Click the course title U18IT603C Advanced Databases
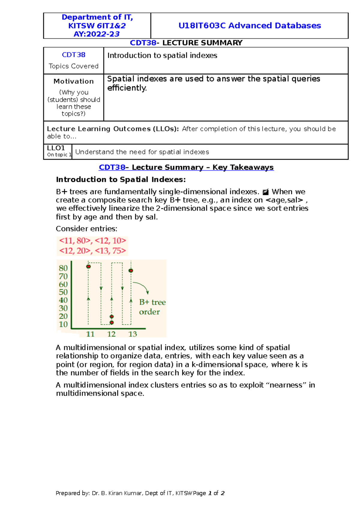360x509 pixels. [x=249, y=26]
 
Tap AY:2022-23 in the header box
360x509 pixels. [x=97, y=34]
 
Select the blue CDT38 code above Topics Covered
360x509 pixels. [x=73, y=55]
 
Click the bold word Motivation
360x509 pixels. [x=73, y=81]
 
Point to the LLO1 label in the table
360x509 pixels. [x=56, y=148]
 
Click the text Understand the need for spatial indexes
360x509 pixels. [x=142, y=152]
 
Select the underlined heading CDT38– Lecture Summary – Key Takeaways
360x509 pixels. [x=186, y=167]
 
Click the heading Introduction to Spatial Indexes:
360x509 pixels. [x=121, y=180]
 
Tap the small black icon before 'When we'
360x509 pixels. [x=265, y=192]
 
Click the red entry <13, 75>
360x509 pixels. [x=110, y=251]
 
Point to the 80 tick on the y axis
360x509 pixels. [x=63, y=268]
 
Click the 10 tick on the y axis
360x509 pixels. [x=63, y=324]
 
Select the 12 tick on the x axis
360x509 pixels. [x=111, y=334]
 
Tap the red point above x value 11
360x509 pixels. [x=88, y=266]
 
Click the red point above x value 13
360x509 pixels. [x=131, y=270]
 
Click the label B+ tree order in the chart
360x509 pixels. [x=152, y=307]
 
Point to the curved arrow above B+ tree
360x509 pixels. [x=142, y=286]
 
